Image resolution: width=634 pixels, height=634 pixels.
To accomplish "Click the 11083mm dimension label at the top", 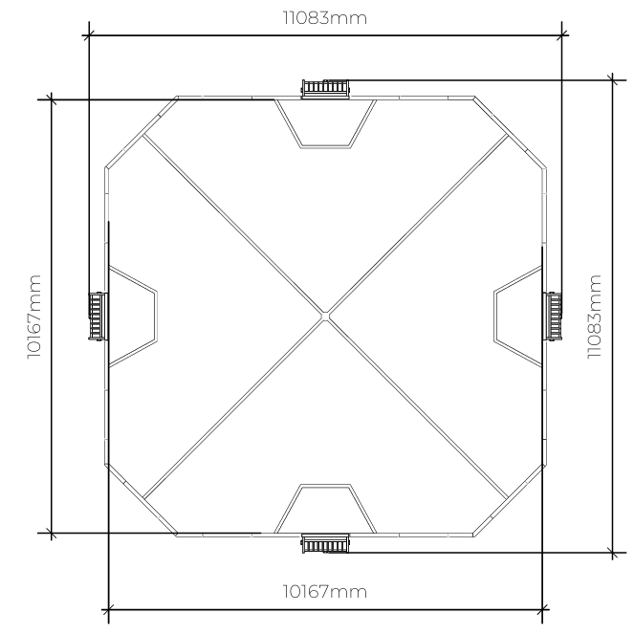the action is [325, 18].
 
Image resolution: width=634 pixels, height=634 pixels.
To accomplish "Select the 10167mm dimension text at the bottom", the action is [325, 592].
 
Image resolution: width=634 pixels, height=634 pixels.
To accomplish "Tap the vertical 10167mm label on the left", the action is [34, 317].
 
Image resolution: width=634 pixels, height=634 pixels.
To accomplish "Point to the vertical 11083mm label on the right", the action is [595, 317].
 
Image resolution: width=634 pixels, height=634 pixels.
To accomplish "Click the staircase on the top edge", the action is [325, 89].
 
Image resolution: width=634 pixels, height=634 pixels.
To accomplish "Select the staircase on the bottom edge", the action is [325, 543].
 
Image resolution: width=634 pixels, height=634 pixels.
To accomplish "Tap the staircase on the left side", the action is [98, 317].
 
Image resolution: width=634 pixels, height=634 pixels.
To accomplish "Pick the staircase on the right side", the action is [553, 317].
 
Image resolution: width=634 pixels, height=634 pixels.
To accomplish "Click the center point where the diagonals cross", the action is [325, 317].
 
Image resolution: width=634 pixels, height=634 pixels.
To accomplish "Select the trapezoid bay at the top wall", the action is [325, 123].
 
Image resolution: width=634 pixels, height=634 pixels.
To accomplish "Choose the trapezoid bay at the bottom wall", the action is [325, 509].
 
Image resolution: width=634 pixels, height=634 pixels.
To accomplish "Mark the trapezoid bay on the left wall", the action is [133, 317].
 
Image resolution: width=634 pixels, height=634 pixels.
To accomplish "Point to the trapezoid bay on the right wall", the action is [518, 317].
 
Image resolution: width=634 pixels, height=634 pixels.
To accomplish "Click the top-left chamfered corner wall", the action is [142, 132].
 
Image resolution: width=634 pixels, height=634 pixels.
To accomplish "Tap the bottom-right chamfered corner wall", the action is [511, 500].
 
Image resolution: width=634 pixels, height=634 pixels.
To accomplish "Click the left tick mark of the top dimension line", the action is [89, 35].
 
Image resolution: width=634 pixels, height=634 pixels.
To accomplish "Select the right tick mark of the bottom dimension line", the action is [542, 609].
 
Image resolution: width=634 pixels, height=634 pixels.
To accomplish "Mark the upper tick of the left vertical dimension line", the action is [51, 99].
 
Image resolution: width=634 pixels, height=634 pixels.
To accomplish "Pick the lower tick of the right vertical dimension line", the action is [613, 553].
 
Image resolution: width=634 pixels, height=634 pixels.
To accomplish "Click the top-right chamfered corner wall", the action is [511, 132].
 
